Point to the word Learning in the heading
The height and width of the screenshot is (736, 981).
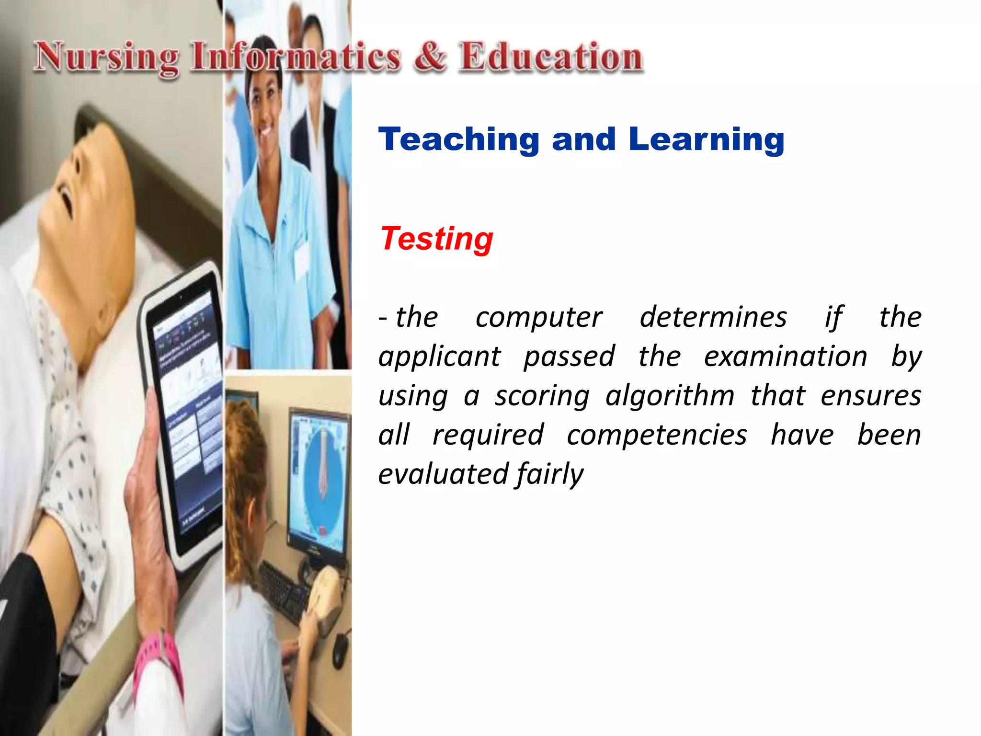point(706,140)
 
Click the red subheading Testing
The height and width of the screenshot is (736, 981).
point(436,239)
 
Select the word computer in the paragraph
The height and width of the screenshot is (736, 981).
point(538,317)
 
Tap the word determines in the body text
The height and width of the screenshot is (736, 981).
point(713,317)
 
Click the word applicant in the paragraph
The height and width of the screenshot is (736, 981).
point(439,357)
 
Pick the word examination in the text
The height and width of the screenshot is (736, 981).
point(785,357)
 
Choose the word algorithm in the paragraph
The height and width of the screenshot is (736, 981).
point(669,396)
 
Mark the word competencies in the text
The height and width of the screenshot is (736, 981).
point(657,435)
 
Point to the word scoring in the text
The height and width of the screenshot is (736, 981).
point(542,396)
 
